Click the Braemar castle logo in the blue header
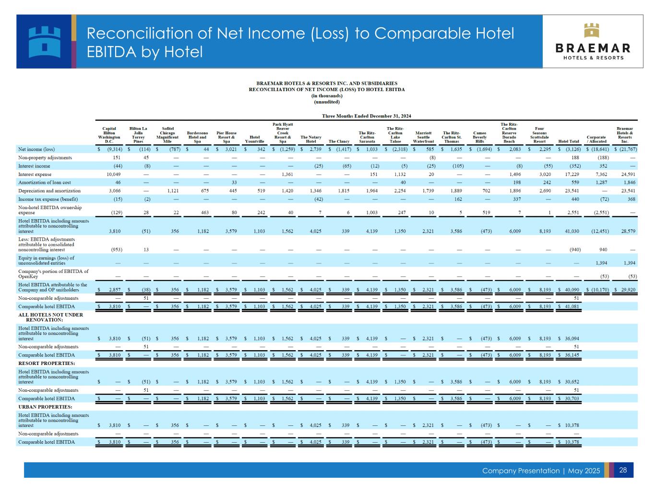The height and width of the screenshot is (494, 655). coord(44,41)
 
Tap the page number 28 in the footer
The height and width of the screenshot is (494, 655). coord(623,470)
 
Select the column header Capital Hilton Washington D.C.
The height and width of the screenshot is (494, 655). coord(109,135)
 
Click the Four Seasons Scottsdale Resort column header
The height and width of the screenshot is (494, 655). coord(539,135)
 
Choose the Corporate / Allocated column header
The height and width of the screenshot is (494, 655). coord(596,139)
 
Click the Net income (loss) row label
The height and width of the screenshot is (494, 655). coord(36,149)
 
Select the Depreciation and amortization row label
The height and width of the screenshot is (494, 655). coord(49,191)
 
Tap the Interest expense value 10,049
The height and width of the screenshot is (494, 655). coord(113,174)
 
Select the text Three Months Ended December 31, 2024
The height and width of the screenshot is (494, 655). coord(366,116)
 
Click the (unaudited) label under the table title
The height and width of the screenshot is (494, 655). coord(326,102)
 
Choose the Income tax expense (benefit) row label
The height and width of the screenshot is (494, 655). coord(48,199)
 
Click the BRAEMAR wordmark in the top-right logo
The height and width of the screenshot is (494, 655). coord(593,48)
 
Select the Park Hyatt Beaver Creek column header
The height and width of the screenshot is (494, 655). coord(283,133)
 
